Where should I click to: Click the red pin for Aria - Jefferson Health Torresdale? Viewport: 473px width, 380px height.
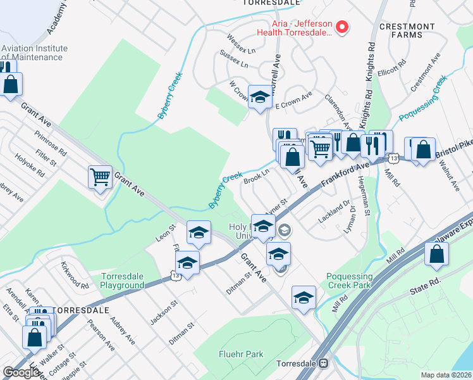click(x=342, y=27)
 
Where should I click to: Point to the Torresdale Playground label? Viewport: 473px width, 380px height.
click(x=123, y=281)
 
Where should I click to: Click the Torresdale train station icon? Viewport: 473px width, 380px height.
click(x=323, y=364)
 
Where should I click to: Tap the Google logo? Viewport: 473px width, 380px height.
click(x=21, y=372)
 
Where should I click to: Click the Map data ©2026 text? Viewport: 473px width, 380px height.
click(x=446, y=375)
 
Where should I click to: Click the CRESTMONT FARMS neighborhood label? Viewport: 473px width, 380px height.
click(x=407, y=30)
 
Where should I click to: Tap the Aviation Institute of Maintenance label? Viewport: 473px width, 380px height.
click(x=34, y=53)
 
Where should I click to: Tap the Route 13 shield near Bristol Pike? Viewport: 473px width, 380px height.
click(x=393, y=158)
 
